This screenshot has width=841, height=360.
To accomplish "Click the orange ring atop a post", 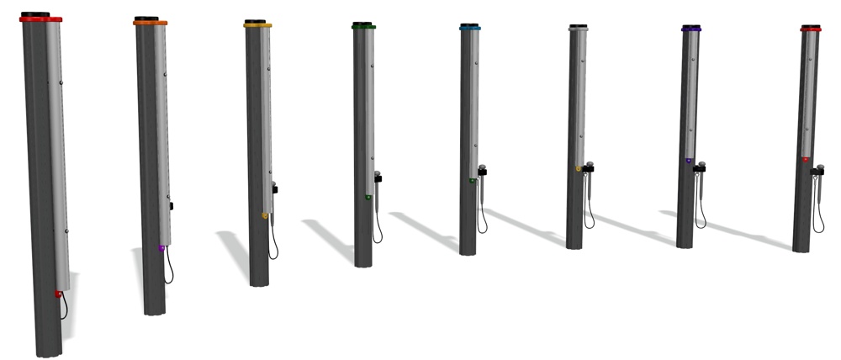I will (150, 23).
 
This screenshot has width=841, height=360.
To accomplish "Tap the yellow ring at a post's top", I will (257, 26).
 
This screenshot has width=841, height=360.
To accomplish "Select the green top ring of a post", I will (363, 27).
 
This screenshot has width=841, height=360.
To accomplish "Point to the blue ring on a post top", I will (470, 28).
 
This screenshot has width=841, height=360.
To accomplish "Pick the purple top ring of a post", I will (691, 29).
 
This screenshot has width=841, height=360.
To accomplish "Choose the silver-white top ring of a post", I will (578, 29).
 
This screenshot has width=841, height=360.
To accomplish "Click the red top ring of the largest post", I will (42, 19).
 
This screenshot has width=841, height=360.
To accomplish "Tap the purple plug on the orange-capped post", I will (161, 248).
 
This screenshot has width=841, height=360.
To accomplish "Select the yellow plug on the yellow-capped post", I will (266, 216).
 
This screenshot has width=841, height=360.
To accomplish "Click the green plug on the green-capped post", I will (368, 198).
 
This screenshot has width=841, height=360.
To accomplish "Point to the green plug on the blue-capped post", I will (473, 180).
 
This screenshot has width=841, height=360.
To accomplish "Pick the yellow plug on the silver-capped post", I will (579, 169).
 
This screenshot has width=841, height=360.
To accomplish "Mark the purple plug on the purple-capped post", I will (689, 160).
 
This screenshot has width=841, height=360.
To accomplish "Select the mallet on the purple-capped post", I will (701, 185).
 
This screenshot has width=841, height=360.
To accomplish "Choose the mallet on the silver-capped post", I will (589, 189).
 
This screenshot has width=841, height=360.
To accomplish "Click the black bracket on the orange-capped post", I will (171, 205).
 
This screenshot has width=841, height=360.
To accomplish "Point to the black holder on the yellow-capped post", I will (274, 188).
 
